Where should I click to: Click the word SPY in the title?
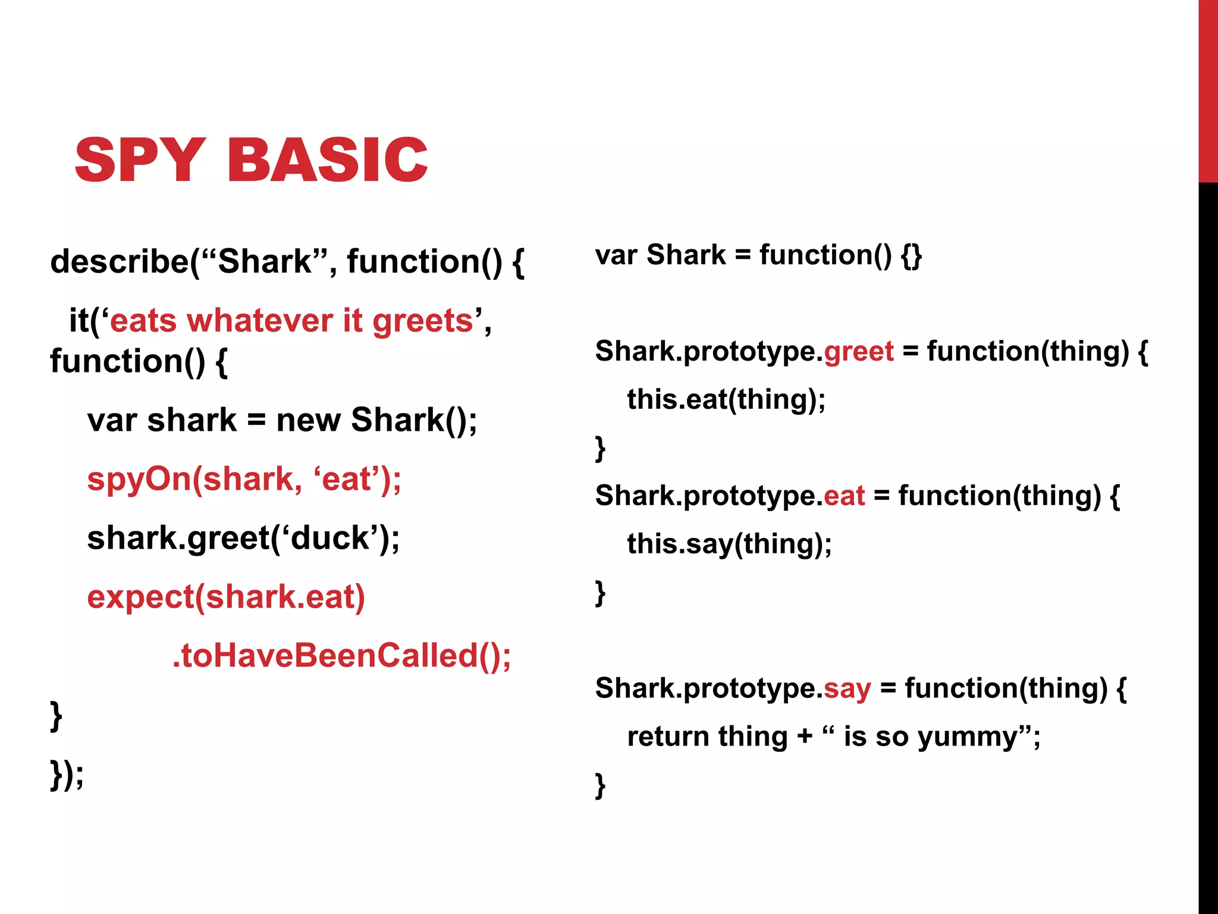click(140, 159)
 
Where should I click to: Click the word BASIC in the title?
click(327, 159)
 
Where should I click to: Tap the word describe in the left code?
click(119, 262)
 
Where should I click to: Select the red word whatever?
click(260, 321)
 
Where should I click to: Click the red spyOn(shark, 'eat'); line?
click(244, 480)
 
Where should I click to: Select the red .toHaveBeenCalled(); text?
click(341, 656)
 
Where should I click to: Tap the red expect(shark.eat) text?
click(226, 597)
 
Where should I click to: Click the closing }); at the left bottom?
click(67, 775)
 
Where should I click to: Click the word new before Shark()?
click(309, 421)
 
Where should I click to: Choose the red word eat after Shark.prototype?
click(844, 496)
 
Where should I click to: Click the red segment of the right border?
click(1208, 89)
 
